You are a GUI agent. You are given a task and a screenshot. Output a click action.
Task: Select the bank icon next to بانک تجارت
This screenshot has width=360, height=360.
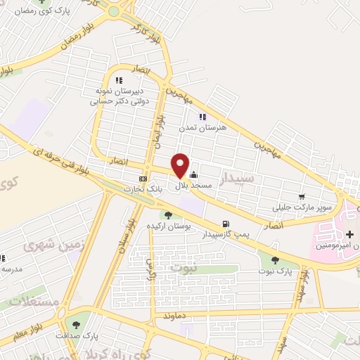click(x=143, y=179)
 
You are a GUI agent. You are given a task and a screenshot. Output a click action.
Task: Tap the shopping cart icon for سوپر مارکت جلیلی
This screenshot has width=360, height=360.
click(x=302, y=197)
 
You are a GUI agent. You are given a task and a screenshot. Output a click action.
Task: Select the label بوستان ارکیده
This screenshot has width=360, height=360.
click(x=167, y=226)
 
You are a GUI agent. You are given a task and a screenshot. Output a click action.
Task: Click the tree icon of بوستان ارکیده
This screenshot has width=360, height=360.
click(x=167, y=215)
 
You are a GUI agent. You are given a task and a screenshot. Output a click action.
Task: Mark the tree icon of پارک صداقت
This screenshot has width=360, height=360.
click(x=75, y=324)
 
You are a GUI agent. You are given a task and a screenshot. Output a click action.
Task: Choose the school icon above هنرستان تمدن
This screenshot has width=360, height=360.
click(x=202, y=117)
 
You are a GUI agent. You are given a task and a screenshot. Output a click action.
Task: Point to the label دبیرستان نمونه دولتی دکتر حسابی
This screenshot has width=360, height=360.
click(x=120, y=96)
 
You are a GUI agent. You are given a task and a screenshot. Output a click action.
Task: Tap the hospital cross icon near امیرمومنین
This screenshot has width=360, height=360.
click(x=349, y=233)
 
